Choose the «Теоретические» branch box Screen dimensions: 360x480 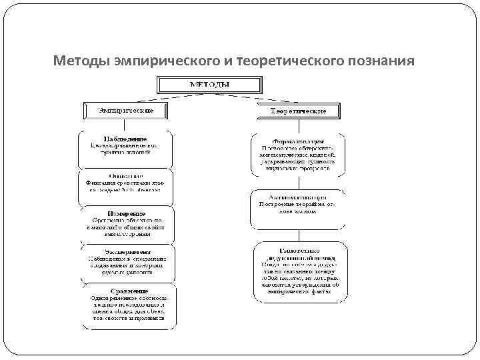(x=299, y=111)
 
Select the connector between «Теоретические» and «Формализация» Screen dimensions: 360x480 (x=299, y=126)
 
